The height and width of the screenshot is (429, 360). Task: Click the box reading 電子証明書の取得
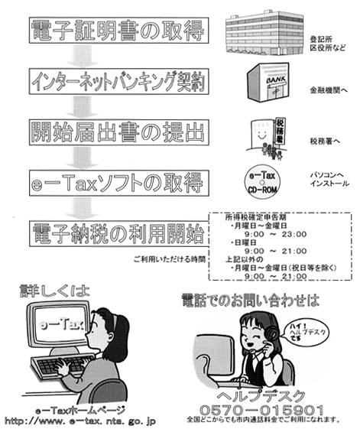coord(119,31)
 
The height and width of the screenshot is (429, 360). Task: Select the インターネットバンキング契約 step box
coord(119,82)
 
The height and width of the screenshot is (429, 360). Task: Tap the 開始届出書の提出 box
coord(119,132)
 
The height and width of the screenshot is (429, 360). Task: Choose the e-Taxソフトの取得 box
coord(119,183)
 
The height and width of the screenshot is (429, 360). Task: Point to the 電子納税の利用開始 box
coord(119,234)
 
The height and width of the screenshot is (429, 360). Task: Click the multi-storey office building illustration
coord(264,32)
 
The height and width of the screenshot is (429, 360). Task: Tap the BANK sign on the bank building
coord(276,80)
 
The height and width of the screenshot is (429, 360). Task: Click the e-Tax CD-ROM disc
coord(262,182)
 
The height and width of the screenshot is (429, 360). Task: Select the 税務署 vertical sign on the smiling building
coord(279,131)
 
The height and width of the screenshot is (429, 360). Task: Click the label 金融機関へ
coord(329,90)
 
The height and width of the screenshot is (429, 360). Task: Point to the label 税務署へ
coord(325,141)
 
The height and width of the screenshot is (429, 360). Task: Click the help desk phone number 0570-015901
coord(261,410)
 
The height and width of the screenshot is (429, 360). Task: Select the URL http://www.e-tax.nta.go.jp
coord(80,421)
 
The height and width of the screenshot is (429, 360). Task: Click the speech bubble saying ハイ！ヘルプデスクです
coord(306,332)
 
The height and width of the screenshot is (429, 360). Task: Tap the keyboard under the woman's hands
coord(62,365)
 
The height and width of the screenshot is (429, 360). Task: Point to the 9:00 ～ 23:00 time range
coord(275,234)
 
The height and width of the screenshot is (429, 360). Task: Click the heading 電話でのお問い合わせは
coord(250,301)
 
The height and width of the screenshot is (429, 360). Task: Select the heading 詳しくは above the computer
coord(54,291)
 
